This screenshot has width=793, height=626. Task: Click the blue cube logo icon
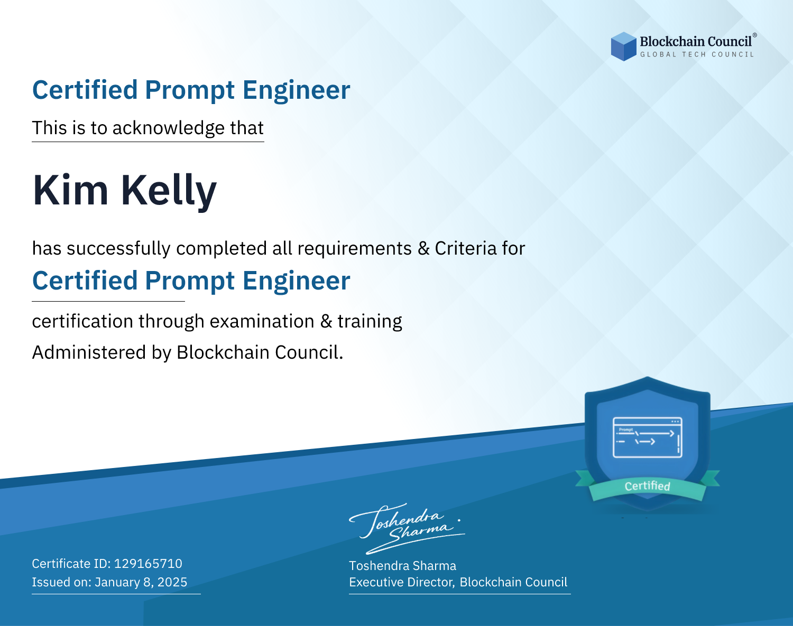(623, 46)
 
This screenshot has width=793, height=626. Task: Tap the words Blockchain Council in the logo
(696, 42)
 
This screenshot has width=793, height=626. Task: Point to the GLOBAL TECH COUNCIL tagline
(697, 54)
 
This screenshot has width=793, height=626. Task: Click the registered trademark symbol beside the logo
(754, 35)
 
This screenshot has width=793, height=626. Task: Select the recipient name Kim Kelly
(125, 191)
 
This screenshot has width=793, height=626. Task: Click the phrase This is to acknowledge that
(148, 128)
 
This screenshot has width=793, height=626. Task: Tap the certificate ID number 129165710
(148, 563)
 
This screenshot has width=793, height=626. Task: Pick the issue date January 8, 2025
(141, 582)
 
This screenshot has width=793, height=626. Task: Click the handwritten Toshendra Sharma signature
(407, 528)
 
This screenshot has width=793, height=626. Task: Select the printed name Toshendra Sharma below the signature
(402, 566)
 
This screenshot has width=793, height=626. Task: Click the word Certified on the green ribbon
(647, 486)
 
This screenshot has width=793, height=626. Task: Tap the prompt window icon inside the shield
(648, 437)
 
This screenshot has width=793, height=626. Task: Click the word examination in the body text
(262, 321)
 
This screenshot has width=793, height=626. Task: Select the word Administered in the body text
(89, 352)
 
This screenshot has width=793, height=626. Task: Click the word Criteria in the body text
(465, 248)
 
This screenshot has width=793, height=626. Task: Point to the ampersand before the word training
(326, 321)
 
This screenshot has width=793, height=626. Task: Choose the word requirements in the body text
(355, 249)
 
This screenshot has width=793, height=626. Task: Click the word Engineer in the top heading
(296, 90)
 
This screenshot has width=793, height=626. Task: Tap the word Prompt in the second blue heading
(190, 281)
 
